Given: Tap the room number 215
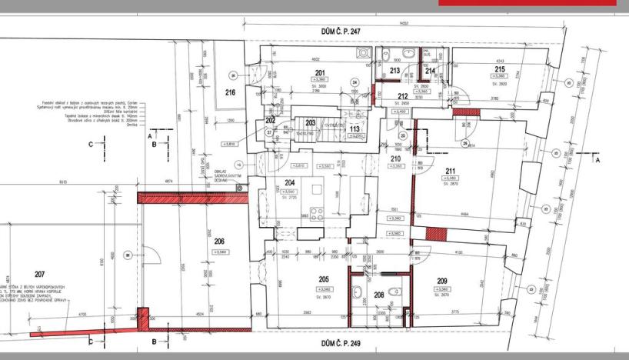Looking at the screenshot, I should pyautogui.click(x=500, y=69).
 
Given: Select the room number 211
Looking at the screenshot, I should pyautogui.click(x=450, y=172).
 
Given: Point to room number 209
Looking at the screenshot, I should pyautogui.click(x=441, y=282).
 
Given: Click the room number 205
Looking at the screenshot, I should pyautogui.click(x=323, y=281).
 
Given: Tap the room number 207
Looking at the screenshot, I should pyautogui.click(x=40, y=274).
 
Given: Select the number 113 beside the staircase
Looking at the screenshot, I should pyautogui.click(x=354, y=128).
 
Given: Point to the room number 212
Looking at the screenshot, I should pyautogui.click(x=402, y=96).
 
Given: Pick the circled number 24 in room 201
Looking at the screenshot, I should pyautogui.click(x=354, y=82).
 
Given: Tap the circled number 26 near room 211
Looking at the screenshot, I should pyautogui.click(x=465, y=143).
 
